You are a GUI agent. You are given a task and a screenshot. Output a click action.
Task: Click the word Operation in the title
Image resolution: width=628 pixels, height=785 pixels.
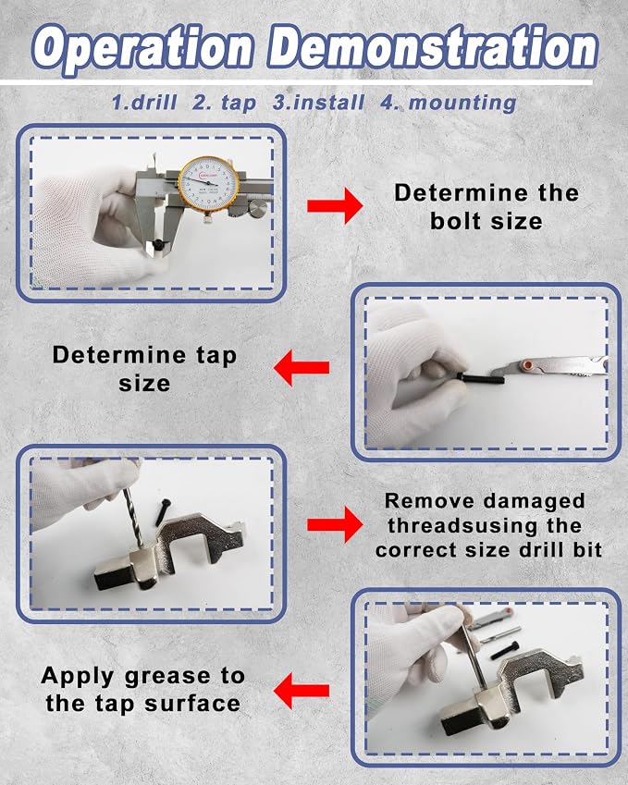(x=142, y=48)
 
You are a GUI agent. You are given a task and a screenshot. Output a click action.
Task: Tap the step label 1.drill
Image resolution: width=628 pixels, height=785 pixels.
(x=144, y=103)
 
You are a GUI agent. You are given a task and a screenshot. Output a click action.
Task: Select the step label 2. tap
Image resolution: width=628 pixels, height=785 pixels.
(x=224, y=104)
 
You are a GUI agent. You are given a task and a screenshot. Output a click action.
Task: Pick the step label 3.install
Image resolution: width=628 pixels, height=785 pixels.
(x=318, y=102)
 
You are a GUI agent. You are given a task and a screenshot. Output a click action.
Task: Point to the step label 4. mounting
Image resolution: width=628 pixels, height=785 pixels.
(x=449, y=103)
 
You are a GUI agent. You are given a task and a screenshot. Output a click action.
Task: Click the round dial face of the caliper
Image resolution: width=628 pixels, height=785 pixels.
(x=207, y=184)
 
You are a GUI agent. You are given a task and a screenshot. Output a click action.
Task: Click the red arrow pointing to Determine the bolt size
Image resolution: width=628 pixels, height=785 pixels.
(x=335, y=204)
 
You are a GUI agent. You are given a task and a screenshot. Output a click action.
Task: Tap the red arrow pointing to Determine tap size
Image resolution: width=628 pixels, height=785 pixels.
(x=302, y=367)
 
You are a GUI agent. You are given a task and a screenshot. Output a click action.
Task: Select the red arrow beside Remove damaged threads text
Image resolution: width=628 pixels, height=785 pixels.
(x=335, y=524)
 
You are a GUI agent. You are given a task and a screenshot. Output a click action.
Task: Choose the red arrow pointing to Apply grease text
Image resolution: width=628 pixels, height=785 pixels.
(x=302, y=691)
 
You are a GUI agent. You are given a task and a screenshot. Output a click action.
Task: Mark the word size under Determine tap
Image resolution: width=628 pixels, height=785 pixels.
(x=144, y=384)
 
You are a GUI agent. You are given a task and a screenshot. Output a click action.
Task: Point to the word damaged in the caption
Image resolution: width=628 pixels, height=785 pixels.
(x=528, y=500)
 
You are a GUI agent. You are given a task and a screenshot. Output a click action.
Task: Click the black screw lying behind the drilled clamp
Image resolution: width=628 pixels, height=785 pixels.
(x=164, y=511)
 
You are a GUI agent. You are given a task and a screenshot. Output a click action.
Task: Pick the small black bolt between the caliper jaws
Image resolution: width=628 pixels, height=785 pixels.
(x=159, y=245)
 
